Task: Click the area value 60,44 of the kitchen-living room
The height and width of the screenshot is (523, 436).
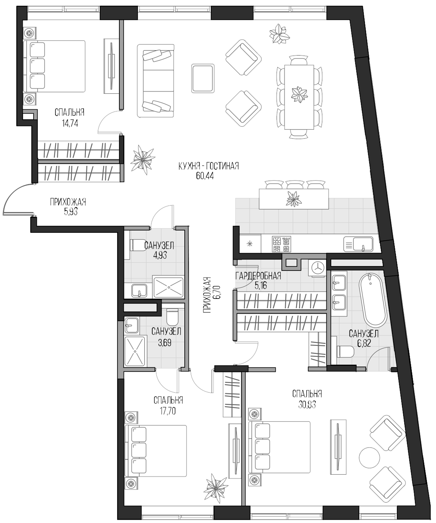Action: click(x=205, y=176)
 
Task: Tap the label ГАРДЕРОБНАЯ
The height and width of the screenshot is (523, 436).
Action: click(x=258, y=276)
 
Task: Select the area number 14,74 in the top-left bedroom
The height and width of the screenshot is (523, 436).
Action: click(x=70, y=123)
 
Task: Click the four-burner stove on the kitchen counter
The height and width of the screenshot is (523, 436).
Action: click(x=281, y=244)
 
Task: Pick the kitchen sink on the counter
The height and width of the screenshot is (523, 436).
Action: click(x=358, y=244)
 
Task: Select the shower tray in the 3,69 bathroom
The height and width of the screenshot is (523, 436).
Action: click(x=135, y=351)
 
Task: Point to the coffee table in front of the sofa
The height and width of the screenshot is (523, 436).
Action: click(x=203, y=78)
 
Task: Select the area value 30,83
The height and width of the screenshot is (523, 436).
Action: click(x=307, y=404)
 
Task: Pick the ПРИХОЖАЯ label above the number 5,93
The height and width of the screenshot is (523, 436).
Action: click(x=68, y=202)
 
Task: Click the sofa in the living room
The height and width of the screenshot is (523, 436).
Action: click(x=156, y=81)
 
